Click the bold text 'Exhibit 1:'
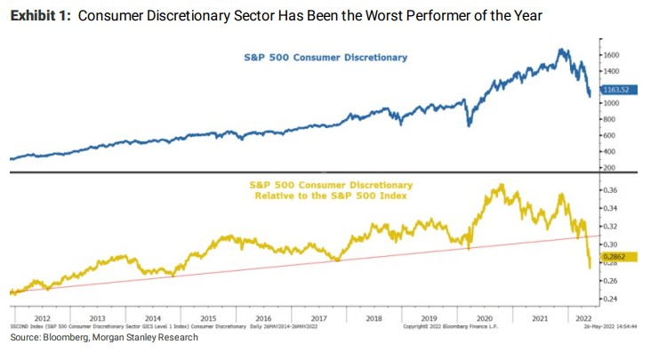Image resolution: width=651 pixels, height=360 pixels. click(x=41, y=16)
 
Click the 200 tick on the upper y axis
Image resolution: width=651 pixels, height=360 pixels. click(x=608, y=167)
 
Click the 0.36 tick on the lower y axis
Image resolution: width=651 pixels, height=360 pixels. click(x=609, y=190)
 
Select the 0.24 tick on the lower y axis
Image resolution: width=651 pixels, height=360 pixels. click(x=609, y=299)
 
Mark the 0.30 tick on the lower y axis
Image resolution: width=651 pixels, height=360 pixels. click(x=609, y=244)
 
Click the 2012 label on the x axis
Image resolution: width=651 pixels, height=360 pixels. click(x=43, y=317)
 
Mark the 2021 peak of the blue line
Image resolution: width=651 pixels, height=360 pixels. click(x=562, y=50)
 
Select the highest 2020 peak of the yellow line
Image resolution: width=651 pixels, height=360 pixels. click(x=500, y=185)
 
